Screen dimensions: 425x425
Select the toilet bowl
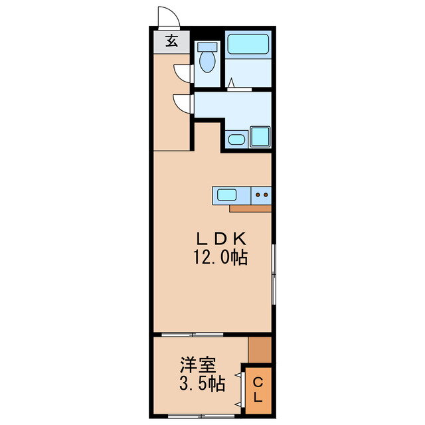208,58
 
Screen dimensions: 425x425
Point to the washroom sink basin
236,139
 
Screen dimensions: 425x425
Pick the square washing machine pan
260,137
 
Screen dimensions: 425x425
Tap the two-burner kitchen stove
262,195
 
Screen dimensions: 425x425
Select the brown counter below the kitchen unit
250,208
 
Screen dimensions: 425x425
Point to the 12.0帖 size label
220,257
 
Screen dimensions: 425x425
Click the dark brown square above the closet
260,348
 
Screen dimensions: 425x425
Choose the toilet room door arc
181,72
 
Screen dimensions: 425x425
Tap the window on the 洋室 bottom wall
193,416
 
